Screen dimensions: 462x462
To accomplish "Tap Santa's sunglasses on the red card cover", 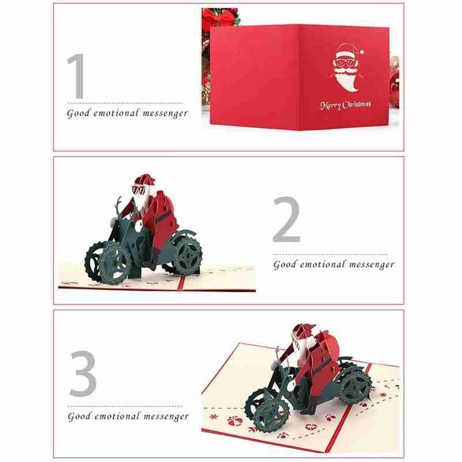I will pos(346,63).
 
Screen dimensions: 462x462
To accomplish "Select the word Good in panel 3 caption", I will pos(79,416).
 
